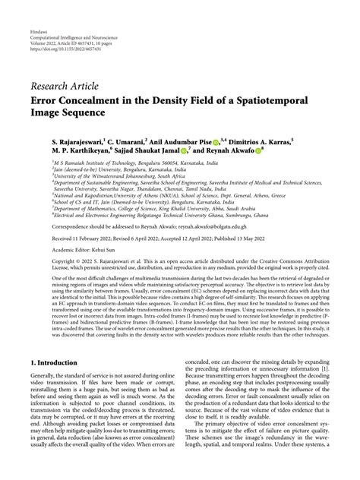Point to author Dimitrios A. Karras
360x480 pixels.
click(255, 142)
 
